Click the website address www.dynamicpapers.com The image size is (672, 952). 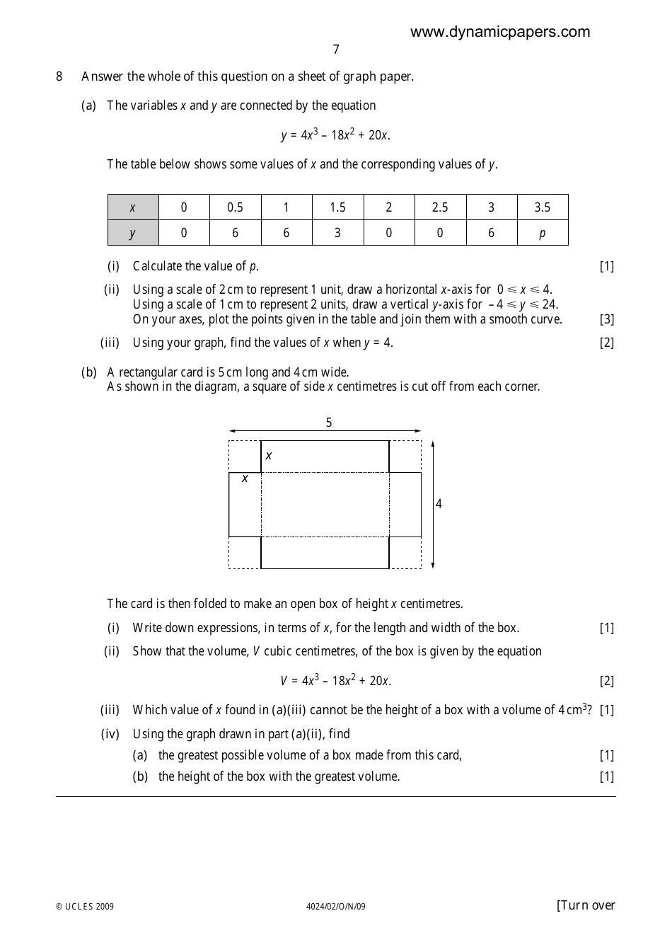(x=499, y=32)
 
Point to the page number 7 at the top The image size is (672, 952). (x=335, y=50)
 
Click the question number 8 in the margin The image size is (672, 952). (x=59, y=76)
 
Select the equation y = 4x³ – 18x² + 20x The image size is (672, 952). (x=335, y=134)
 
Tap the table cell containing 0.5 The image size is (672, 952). (x=235, y=207)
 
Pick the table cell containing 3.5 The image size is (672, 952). (x=542, y=207)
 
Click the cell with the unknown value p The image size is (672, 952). (x=542, y=233)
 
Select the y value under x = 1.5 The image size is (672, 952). (x=337, y=233)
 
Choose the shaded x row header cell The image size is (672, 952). (x=133, y=207)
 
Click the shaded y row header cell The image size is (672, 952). (x=133, y=233)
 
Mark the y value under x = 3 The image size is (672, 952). (x=491, y=233)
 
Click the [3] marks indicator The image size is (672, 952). (x=606, y=319)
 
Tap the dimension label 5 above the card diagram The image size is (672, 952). (x=328, y=423)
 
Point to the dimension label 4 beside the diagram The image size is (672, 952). (x=439, y=504)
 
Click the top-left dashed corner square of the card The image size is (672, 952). (x=245, y=457)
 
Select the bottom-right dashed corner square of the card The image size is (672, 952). (x=405, y=552)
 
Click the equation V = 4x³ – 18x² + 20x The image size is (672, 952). (x=335, y=681)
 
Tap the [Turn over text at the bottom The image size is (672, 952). (x=586, y=905)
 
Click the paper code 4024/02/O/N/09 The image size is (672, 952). (x=335, y=907)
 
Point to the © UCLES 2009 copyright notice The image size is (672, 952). (x=85, y=907)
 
